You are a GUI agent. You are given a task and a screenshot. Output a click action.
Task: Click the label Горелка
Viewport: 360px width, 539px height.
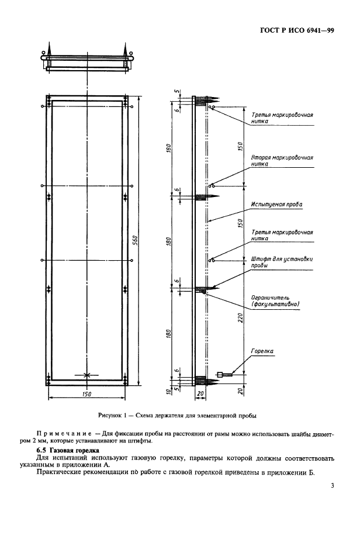pos(262,351)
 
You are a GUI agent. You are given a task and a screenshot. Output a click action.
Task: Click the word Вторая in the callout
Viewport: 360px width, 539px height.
pos(262,157)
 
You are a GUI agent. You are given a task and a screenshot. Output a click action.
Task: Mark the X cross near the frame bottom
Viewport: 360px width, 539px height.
pos(86,374)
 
